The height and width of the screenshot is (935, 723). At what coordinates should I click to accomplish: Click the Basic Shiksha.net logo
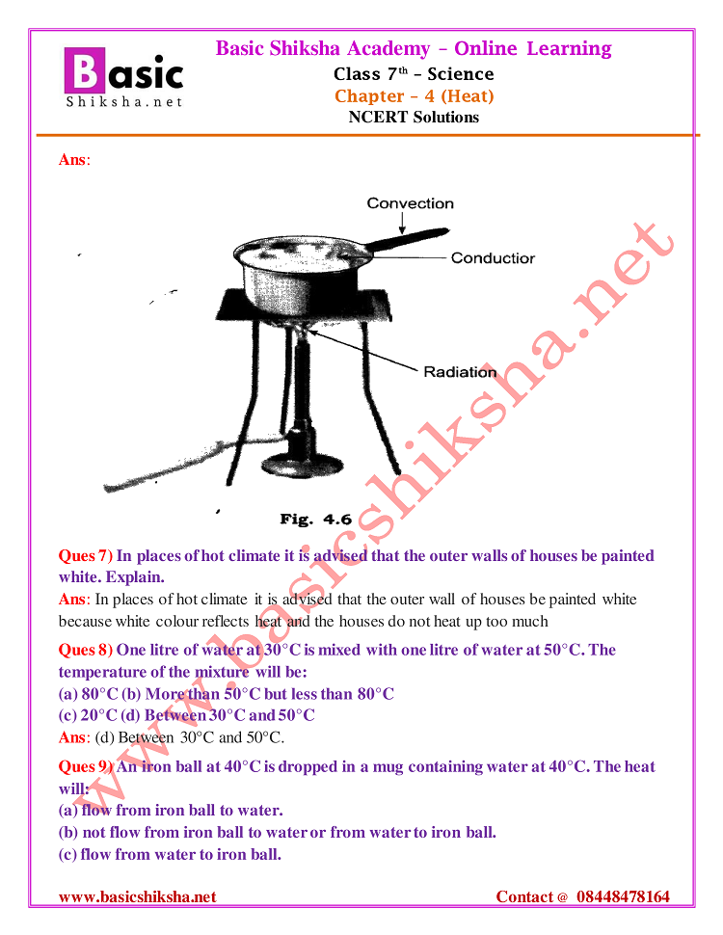(x=123, y=77)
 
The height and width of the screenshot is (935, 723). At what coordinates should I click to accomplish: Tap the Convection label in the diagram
(x=410, y=203)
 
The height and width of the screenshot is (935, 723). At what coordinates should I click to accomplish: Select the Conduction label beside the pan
(x=492, y=258)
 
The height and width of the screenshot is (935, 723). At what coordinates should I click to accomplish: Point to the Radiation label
(x=460, y=372)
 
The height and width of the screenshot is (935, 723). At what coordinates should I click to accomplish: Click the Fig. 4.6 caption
(x=315, y=519)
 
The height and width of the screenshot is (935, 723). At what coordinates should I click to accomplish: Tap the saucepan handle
(x=409, y=241)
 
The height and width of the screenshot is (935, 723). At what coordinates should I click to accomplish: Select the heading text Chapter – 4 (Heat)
(x=414, y=95)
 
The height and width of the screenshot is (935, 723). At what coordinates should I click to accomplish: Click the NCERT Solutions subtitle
(x=414, y=118)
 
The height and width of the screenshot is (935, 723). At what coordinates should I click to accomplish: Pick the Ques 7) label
(x=86, y=555)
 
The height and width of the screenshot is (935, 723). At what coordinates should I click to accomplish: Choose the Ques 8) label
(x=86, y=650)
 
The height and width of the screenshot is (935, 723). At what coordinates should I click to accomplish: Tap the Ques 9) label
(x=86, y=766)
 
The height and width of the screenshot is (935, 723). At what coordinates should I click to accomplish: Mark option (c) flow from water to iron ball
(x=170, y=854)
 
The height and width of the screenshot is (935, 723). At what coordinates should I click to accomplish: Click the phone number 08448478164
(x=623, y=896)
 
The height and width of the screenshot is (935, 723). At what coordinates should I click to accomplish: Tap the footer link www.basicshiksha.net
(x=137, y=896)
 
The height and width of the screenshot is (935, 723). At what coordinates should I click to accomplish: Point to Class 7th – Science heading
(x=414, y=74)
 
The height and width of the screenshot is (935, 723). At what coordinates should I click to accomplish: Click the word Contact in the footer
(x=525, y=896)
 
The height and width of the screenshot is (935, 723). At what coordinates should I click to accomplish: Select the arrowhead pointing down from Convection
(x=404, y=231)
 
